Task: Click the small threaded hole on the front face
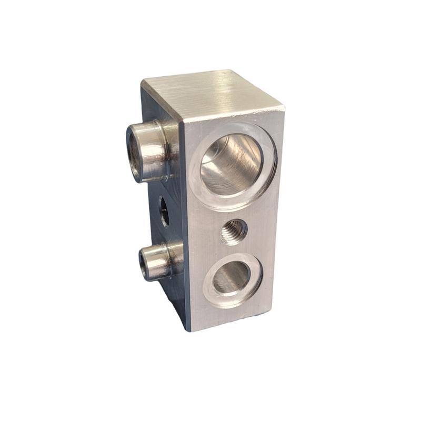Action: click(233, 232)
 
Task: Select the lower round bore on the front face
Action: click(232, 277)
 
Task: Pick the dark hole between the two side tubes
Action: click(164, 211)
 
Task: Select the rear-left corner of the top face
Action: click(142, 81)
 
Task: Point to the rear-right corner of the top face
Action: click(232, 70)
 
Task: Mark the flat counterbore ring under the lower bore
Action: click(234, 300)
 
